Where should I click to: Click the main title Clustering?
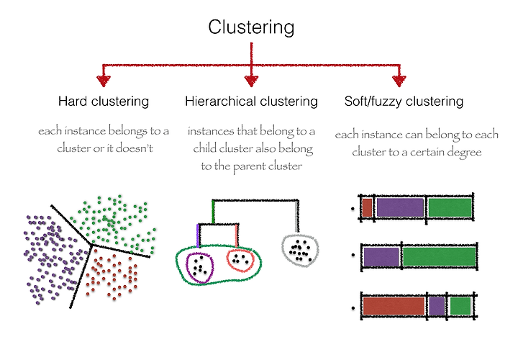[x=251, y=28]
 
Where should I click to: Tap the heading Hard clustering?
[x=104, y=102]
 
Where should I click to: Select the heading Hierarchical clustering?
[x=251, y=102]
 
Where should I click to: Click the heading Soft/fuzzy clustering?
[x=404, y=102]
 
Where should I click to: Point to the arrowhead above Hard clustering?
[x=104, y=81]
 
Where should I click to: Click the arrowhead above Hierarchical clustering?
[x=251, y=81]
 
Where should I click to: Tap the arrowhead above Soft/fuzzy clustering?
[x=399, y=81]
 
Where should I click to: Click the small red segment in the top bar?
[x=367, y=208]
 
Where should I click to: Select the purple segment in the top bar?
[x=400, y=207]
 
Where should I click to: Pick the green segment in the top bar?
[x=450, y=207]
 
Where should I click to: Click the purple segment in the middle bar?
[x=381, y=257]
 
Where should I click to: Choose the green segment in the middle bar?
[x=440, y=256]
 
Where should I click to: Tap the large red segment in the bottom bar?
[x=394, y=306]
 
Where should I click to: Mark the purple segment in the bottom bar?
[x=437, y=306]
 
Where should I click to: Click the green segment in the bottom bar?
[x=460, y=306]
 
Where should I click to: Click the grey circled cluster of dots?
[x=283, y=251]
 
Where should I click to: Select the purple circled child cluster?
[x=187, y=268]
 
